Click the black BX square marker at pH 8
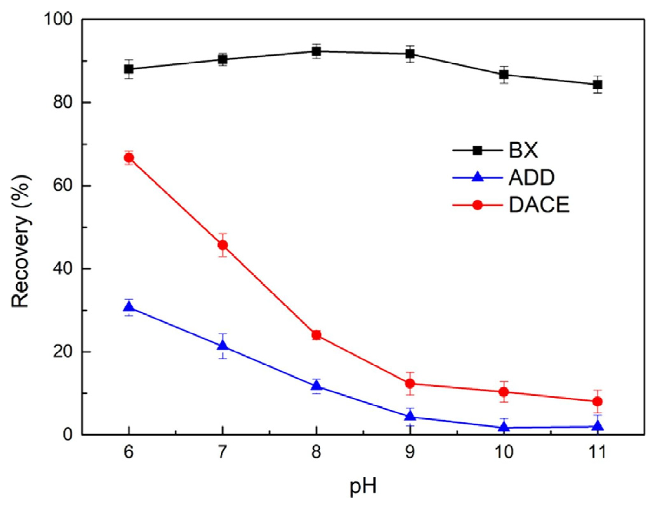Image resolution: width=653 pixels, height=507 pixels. click(x=316, y=51)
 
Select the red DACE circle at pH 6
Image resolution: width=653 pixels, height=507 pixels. click(x=129, y=158)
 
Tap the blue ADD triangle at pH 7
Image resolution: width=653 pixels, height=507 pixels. click(x=223, y=346)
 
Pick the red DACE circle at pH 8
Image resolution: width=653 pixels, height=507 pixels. click(x=316, y=335)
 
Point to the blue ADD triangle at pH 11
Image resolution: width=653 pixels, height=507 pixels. click(x=598, y=426)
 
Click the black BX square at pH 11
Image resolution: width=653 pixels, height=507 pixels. click(x=598, y=85)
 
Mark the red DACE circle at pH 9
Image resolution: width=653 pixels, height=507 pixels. click(x=410, y=384)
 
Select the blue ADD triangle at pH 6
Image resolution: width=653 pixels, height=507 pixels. click(x=129, y=307)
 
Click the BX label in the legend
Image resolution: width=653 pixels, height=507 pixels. click(x=523, y=150)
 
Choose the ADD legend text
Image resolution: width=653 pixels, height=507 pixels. click(x=531, y=178)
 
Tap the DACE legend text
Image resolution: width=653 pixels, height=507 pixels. click(x=539, y=205)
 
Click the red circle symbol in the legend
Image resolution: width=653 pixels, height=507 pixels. click(x=477, y=205)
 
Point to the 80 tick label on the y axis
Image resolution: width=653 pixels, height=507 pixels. click(x=63, y=102)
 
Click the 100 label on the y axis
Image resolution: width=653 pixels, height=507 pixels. click(x=58, y=19)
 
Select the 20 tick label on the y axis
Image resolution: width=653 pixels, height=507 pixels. click(x=63, y=352)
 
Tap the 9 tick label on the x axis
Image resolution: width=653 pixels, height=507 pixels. click(x=410, y=452)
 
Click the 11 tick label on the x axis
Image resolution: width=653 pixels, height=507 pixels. click(x=598, y=452)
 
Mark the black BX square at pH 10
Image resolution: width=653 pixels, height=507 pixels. click(x=504, y=75)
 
